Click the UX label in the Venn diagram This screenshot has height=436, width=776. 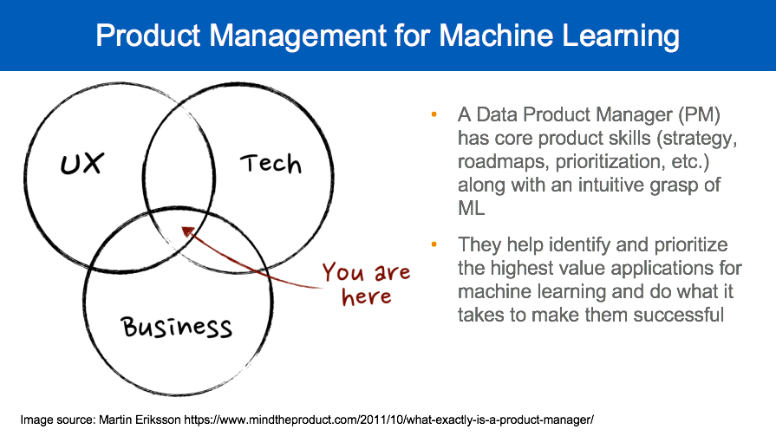coord(81,162)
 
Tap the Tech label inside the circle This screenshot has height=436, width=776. coord(270,162)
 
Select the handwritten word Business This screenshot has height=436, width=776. coord(176,327)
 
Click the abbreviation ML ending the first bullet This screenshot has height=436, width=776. coord(470,209)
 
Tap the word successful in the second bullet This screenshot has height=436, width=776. coord(670,315)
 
